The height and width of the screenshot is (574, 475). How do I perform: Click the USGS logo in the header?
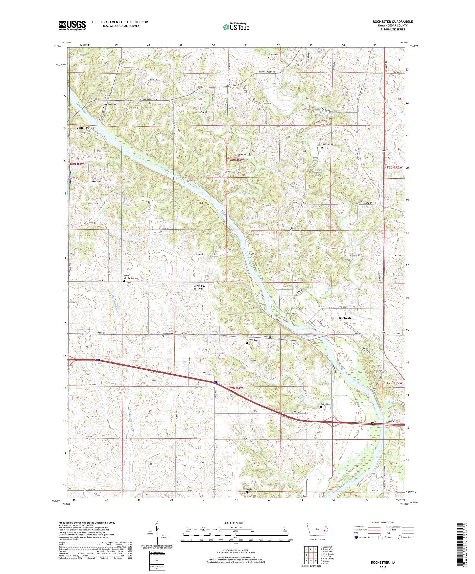[x=72, y=25]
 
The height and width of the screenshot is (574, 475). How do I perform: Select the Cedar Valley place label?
[x=85, y=128]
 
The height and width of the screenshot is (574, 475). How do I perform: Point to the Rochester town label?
[x=346, y=318]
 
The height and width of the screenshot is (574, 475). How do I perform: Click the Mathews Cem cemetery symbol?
[x=104, y=107]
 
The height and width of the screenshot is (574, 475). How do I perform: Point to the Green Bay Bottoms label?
[x=199, y=287]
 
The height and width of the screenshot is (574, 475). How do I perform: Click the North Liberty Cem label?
[x=129, y=277]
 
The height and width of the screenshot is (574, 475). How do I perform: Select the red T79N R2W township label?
[x=395, y=383]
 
